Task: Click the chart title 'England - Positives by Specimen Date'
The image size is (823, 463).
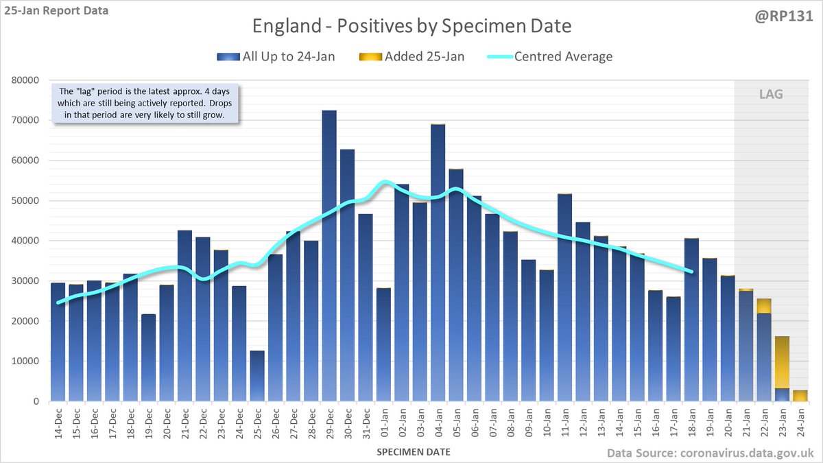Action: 411,27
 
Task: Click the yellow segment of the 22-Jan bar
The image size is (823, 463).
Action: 763,306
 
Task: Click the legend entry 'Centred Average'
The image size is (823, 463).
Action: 551,56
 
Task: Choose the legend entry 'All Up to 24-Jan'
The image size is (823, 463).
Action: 278,56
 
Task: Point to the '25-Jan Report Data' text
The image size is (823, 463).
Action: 55,11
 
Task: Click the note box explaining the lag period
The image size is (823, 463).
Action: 145,104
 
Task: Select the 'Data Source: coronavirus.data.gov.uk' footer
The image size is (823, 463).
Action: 711,453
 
